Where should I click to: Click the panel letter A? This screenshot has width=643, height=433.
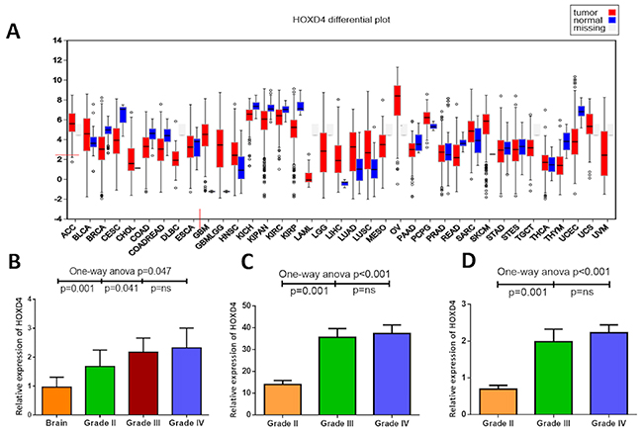13,31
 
